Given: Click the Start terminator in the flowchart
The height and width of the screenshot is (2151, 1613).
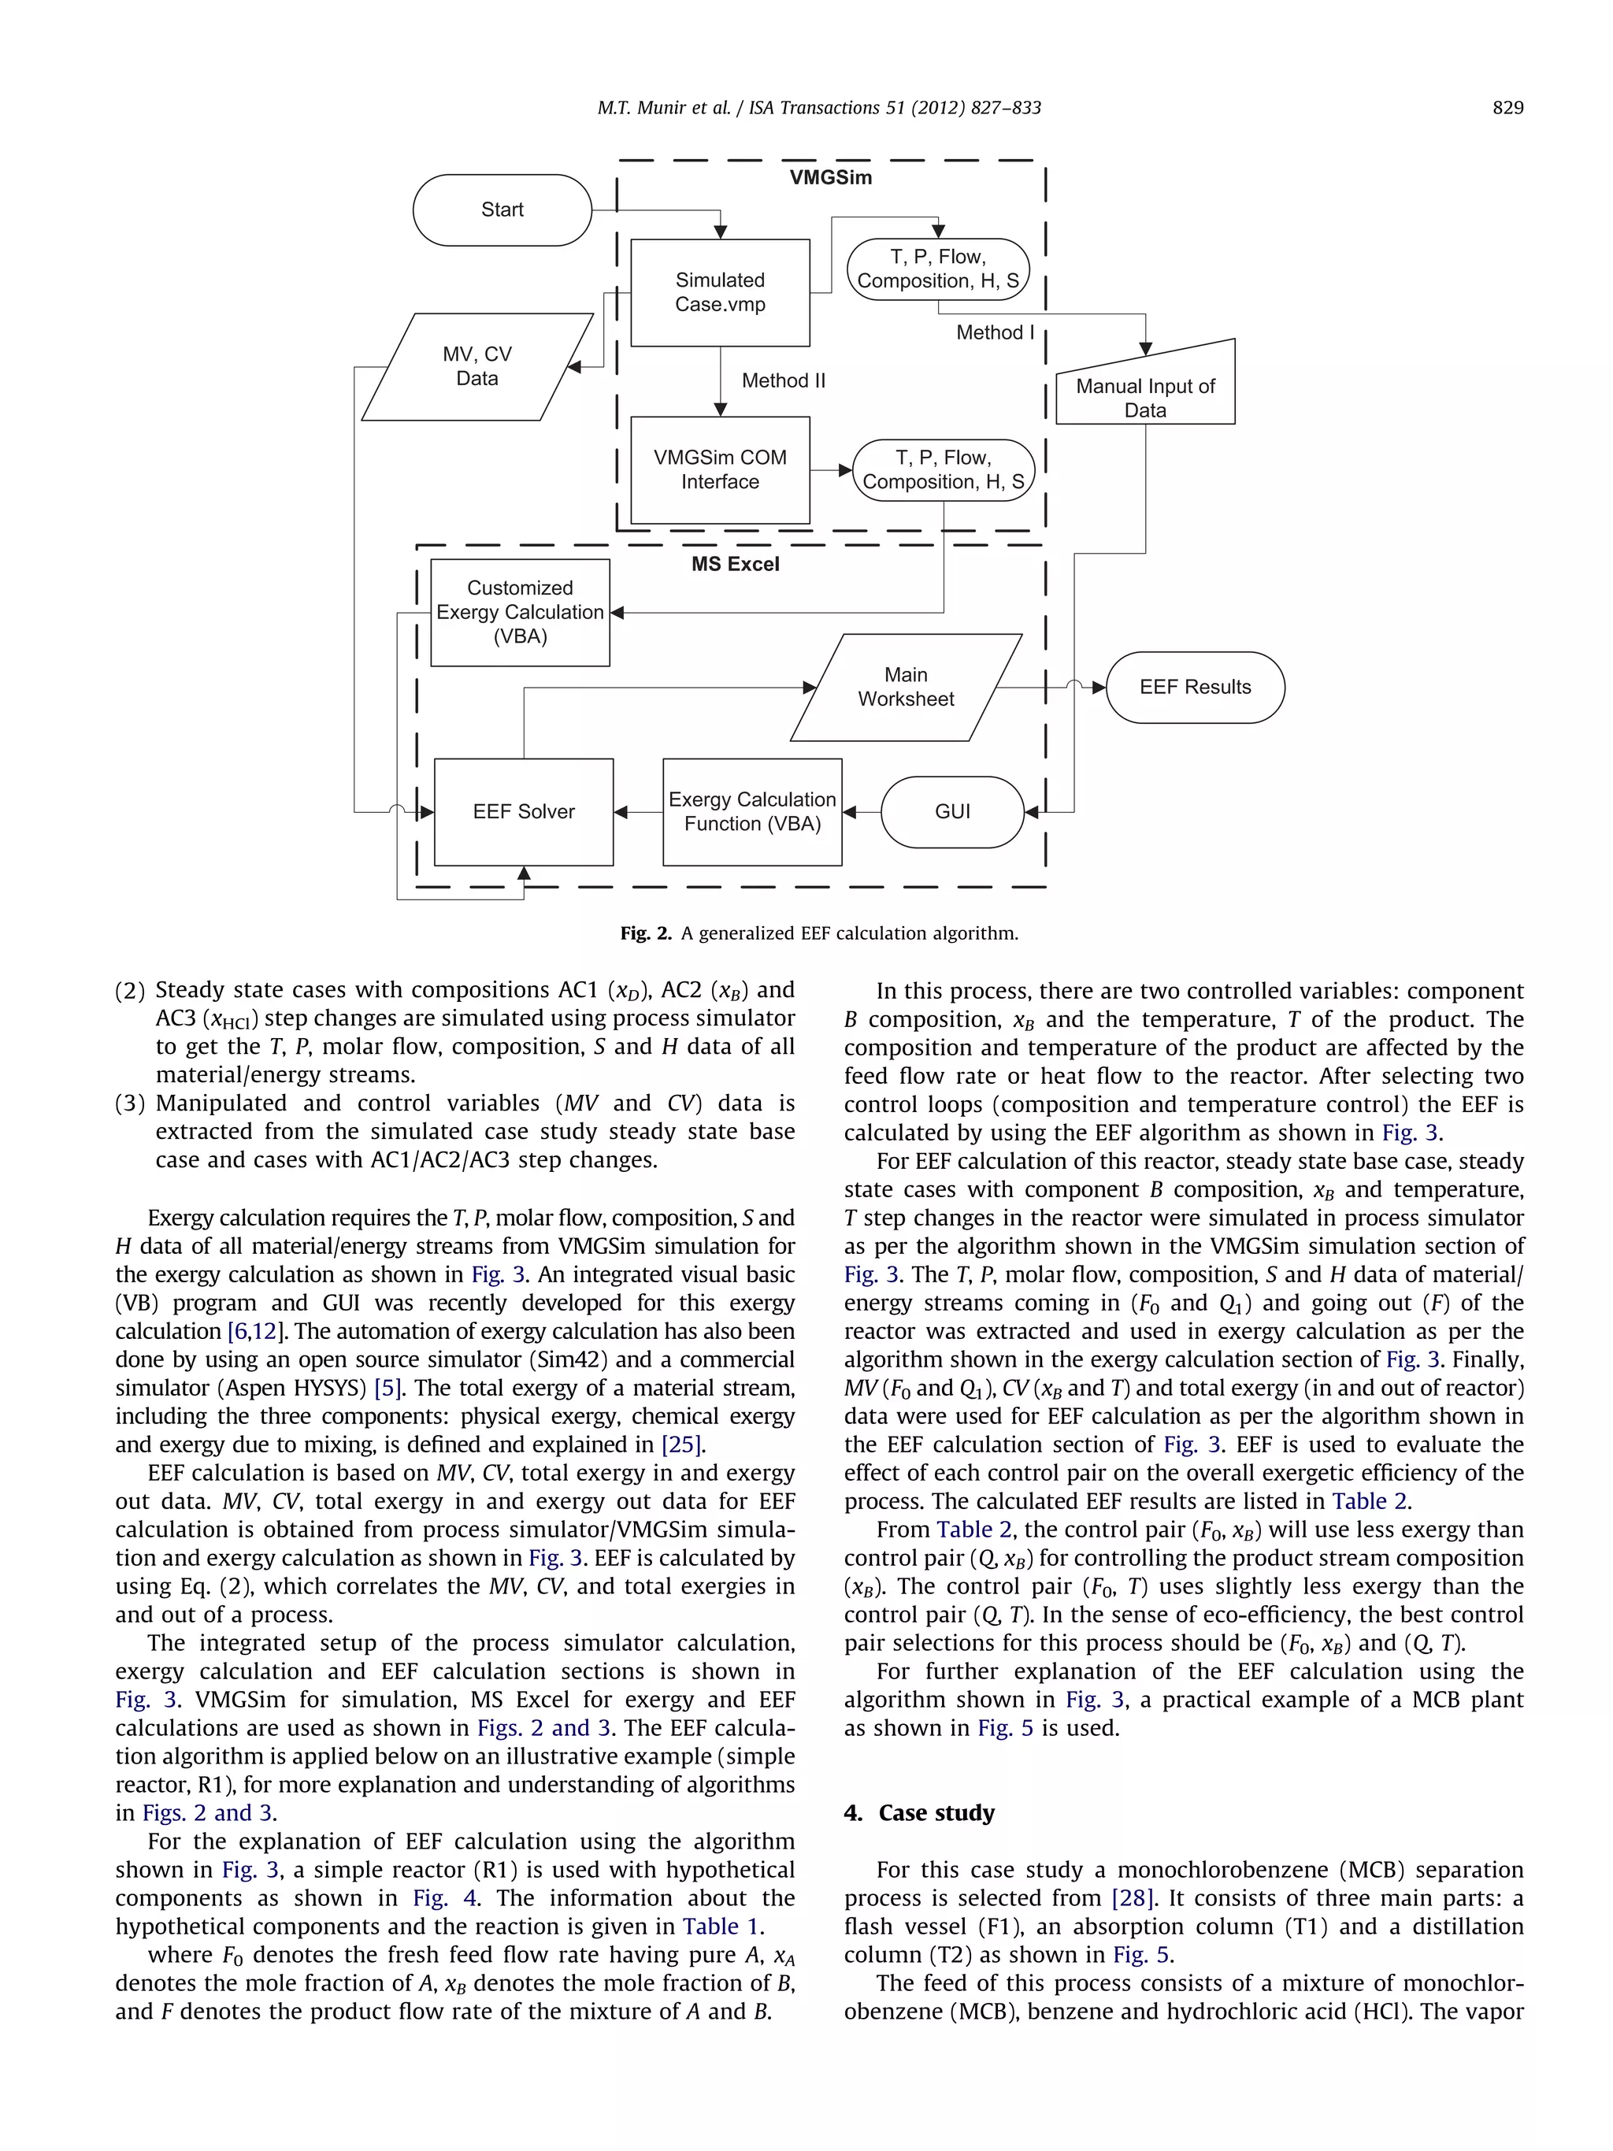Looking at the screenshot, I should click(502, 210).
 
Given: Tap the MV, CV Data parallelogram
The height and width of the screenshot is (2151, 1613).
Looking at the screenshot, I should click(476, 366).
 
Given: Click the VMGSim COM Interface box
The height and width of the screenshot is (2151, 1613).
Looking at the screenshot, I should click(720, 469).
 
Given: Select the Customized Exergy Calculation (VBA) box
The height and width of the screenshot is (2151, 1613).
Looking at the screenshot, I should click(519, 613).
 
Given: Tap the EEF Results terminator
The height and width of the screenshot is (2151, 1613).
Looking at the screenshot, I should click(1194, 688).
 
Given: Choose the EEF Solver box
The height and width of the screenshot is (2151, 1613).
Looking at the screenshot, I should click(523, 812).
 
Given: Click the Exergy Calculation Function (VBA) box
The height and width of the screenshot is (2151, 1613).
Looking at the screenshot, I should click(751, 812).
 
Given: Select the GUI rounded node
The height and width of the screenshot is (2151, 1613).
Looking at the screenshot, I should click(952, 812).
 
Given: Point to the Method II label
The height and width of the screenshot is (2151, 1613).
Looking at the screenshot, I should click(783, 381).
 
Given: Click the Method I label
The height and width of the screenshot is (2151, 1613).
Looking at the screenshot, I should click(995, 332).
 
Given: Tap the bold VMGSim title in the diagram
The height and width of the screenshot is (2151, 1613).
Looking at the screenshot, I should click(830, 178).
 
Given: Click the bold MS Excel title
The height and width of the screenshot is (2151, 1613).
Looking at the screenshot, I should click(735, 564).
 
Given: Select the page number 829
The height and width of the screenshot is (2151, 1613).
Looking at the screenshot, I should click(1507, 108).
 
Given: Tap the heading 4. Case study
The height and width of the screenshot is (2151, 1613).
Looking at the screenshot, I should click(919, 1812).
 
